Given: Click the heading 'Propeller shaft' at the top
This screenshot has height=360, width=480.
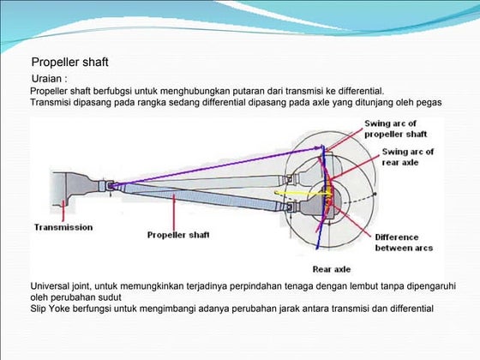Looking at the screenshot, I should (x=70, y=63).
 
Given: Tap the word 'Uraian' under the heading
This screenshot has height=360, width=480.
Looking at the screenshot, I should (x=48, y=79).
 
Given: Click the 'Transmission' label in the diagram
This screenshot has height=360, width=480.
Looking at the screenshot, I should (x=63, y=227).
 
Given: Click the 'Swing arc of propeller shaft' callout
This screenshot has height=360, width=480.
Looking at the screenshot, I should (x=396, y=129).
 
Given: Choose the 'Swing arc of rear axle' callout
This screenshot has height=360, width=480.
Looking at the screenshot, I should (x=408, y=156).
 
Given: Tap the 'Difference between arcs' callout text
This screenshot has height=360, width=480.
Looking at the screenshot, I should (x=403, y=243).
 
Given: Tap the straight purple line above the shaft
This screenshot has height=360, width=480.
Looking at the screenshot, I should (x=214, y=166).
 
